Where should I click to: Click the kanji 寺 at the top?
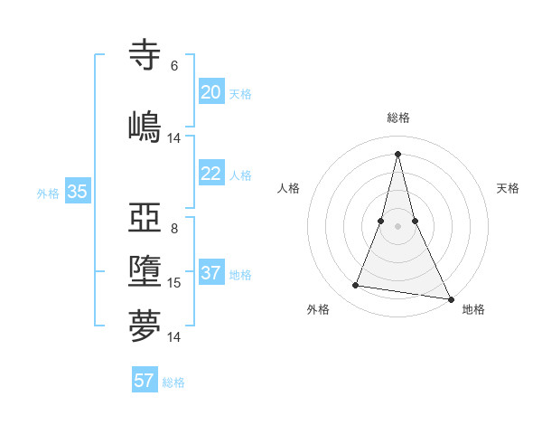click(145, 55)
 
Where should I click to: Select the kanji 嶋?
click(145, 126)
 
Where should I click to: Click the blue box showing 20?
click(210, 92)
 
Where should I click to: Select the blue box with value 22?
click(210, 174)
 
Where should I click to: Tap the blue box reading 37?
click(210, 273)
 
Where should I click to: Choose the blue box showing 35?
click(78, 192)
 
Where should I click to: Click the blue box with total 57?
click(145, 381)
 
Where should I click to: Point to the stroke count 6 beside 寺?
click(174, 66)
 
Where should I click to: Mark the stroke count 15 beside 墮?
click(174, 283)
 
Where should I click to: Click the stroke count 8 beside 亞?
click(174, 229)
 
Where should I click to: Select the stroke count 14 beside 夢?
click(174, 337)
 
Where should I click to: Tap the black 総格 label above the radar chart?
click(397, 118)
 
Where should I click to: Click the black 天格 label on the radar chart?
click(508, 188)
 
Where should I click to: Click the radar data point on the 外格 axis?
click(355, 286)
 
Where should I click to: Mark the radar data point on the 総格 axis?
click(397, 153)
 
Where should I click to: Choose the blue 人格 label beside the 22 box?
click(240, 175)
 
